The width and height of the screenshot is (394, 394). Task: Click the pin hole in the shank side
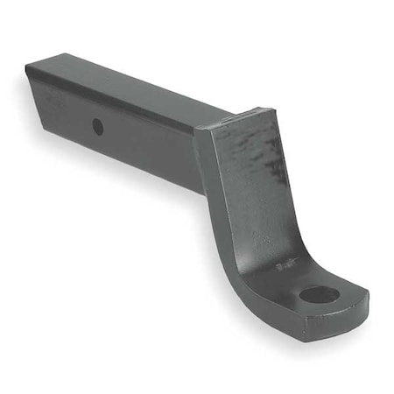click(97, 126)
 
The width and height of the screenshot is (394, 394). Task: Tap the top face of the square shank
click(131, 83)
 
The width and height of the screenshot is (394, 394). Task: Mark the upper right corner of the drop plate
click(272, 111)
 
